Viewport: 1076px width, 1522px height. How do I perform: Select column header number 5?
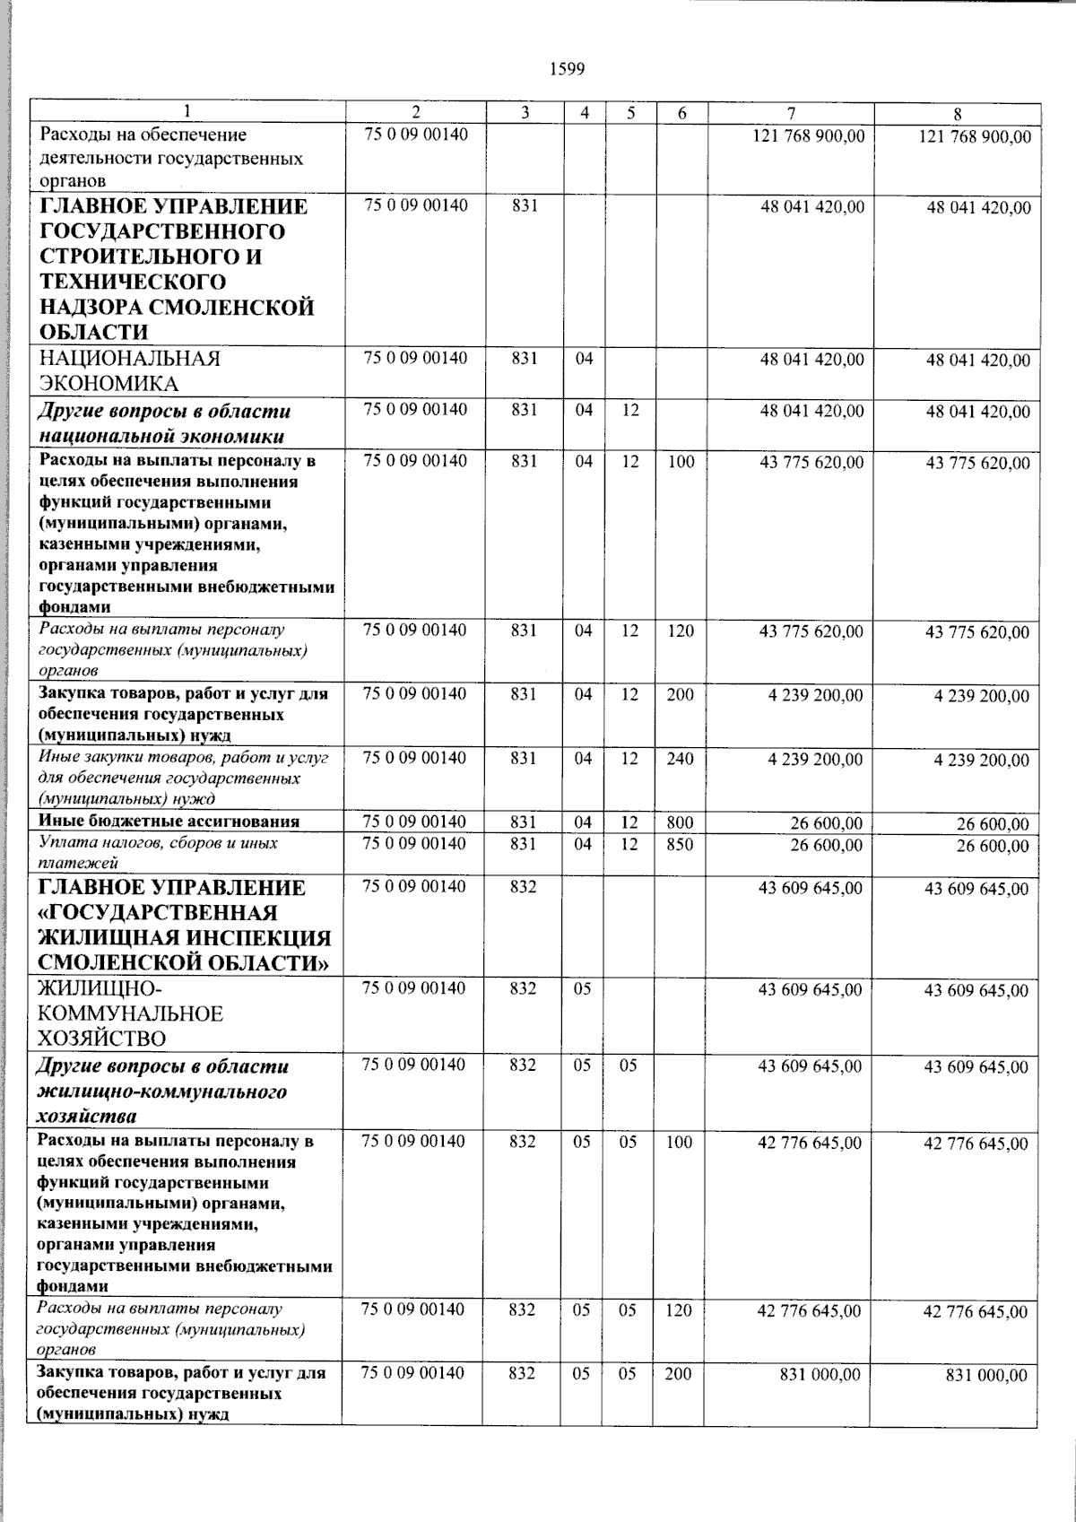631,113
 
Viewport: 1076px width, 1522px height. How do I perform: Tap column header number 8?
958,114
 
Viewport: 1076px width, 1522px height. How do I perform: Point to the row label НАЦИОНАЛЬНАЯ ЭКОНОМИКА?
130,371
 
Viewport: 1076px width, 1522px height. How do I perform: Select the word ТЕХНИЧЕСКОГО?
132,282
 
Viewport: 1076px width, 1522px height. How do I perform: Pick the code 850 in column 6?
680,844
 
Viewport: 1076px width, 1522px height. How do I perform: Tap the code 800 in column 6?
680,822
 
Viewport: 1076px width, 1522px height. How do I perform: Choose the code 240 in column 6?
680,759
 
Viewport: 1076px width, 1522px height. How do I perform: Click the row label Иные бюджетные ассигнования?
169,822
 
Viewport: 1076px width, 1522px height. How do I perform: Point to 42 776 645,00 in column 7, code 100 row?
810,1144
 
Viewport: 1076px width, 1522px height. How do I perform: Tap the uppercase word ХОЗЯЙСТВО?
101,1039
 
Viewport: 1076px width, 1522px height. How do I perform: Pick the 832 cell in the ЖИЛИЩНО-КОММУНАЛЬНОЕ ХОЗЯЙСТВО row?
523,989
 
